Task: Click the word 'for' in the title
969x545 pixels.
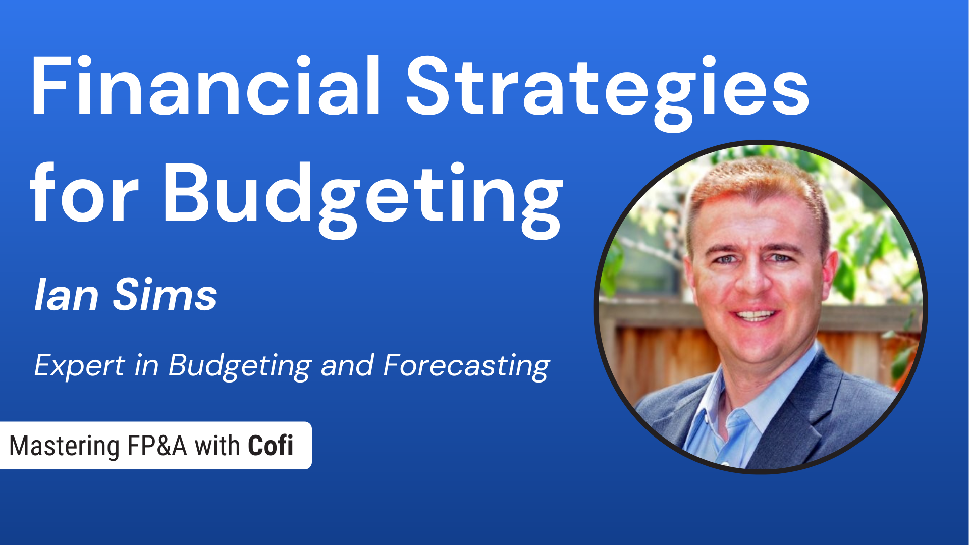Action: point(84,194)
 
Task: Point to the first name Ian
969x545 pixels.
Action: point(66,295)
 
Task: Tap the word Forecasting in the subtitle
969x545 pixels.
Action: point(466,365)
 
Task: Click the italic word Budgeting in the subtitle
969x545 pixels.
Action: point(240,365)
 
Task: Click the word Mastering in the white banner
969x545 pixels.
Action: point(64,446)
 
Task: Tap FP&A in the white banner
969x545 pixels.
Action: point(157,446)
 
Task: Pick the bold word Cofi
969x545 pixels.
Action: point(271,446)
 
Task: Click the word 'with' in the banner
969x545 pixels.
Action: point(217,446)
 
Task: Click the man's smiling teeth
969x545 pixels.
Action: point(755,316)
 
